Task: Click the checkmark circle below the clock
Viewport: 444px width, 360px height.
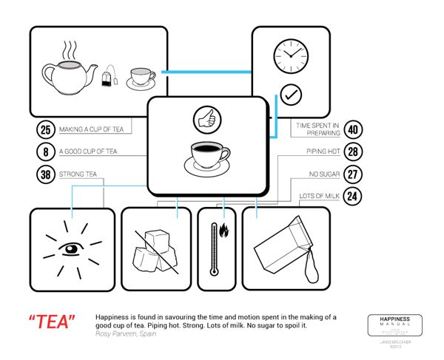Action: tap(290, 95)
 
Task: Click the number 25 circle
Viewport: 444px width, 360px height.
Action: tap(46, 130)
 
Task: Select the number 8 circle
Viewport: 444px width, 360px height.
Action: tap(46, 152)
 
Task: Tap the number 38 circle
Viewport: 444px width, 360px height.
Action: tap(46, 175)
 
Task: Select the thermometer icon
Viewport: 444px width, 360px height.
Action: tap(214, 249)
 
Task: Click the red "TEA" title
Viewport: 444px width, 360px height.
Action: tap(53, 322)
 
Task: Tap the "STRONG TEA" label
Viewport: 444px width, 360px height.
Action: tap(81, 175)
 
